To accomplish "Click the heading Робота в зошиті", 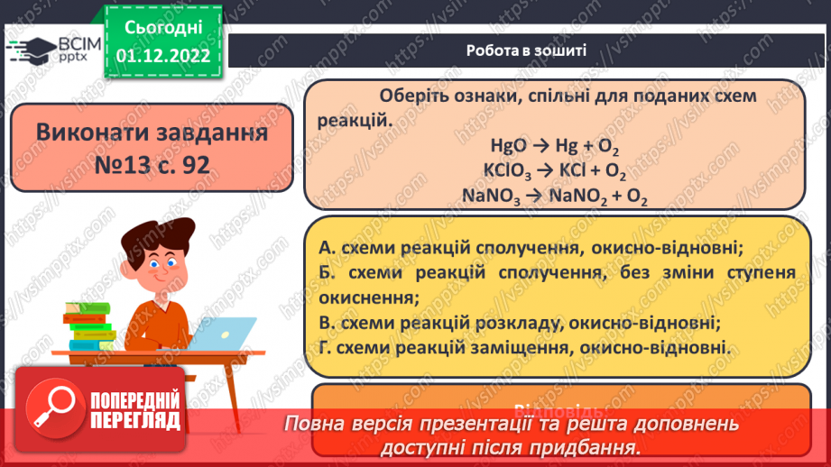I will tap(527, 50).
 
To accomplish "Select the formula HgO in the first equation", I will tap(506, 145).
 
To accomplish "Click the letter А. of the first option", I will tap(328, 247).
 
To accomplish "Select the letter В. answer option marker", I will tap(328, 322).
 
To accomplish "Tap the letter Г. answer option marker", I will tap(327, 346).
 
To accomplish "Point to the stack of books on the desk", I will tap(89, 325).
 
